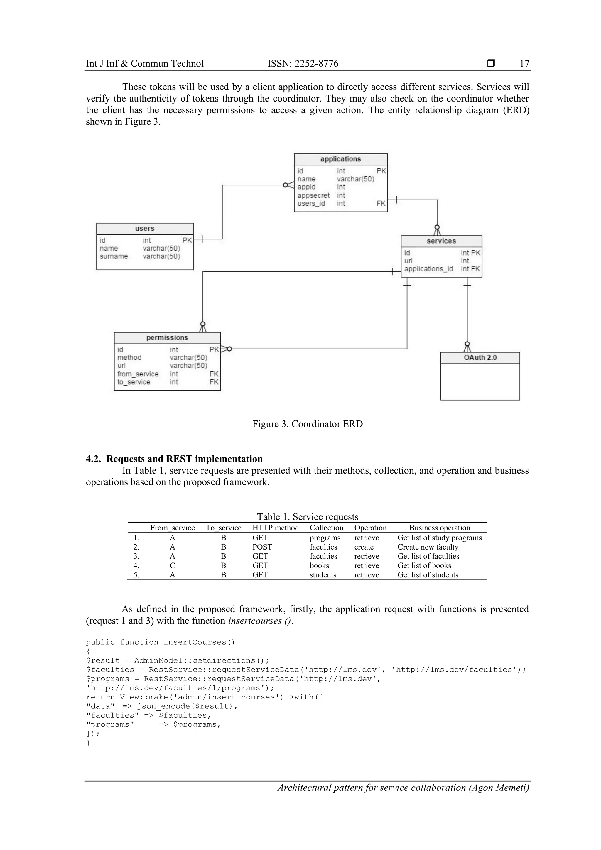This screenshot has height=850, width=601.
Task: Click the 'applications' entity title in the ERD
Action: [340, 159]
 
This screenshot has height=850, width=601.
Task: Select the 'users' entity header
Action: [144, 229]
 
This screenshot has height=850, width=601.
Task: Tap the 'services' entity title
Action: [441, 241]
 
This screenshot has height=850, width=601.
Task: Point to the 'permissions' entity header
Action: [167, 338]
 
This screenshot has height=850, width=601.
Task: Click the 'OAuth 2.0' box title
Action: [480, 358]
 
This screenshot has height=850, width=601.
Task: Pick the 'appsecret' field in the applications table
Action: [313, 195]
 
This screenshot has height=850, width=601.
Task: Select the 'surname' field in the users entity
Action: [114, 256]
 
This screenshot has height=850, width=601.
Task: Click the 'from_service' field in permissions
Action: [138, 374]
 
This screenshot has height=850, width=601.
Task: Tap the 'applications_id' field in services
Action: [428, 269]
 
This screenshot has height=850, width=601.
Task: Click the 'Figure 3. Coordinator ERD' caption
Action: [307, 424]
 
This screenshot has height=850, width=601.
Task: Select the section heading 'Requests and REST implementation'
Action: [184, 459]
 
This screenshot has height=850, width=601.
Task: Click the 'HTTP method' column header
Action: [276, 528]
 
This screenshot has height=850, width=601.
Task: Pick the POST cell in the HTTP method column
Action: [262, 547]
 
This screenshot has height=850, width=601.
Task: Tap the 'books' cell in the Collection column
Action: [319, 565]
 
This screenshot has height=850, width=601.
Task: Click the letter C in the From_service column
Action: [173, 565]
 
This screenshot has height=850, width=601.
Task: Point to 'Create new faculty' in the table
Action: [428, 547]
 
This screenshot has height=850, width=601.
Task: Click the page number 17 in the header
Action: [524, 64]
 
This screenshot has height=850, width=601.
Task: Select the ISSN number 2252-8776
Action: [317, 64]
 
